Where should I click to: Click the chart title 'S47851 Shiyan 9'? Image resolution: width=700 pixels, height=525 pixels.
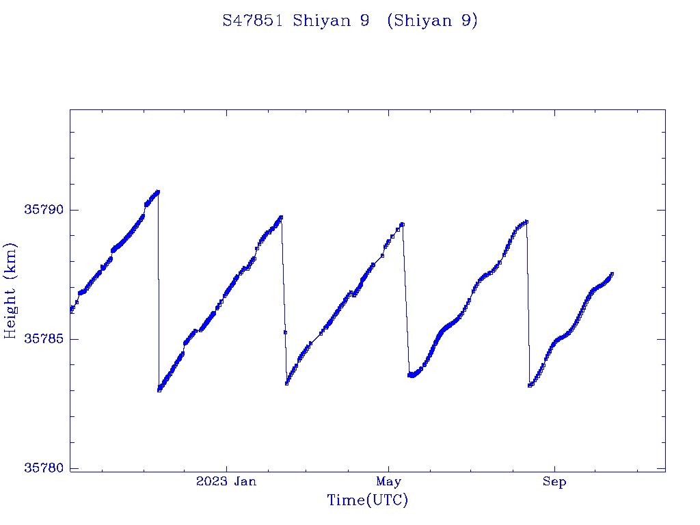pyautogui.click(x=297, y=21)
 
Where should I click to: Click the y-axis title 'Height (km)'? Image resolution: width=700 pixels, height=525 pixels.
pyautogui.click(x=10, y=291)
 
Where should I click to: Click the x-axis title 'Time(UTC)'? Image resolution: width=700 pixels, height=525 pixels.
pyautogui.click(x=368, y=500)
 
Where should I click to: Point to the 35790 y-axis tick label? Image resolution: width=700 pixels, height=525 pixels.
pyautogui.click(x=42, y=210)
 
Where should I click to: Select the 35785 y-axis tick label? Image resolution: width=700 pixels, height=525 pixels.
pyautogui.click(x=42, y=339)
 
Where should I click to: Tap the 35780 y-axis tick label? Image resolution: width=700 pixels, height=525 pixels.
pyautogui.click(x=42, y=468)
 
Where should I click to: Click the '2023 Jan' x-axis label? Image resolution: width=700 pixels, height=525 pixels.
pyautogui.click(x=226, y=482)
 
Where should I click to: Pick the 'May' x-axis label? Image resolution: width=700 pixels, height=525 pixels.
pyautogui.click(x=388, y=482)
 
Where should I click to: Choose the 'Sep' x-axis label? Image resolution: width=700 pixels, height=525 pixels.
pyautogui.click(x=554, y=482)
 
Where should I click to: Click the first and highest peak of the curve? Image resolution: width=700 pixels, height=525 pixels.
pyautogui.click(x=158, y=191)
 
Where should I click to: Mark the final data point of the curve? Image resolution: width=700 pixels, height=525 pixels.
pyautogui.click(x=612, y=273)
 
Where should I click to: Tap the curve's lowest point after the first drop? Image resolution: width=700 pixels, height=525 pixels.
pyautogui.click(x=159, y=390)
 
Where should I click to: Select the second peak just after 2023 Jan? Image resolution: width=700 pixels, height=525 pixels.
pyautogui.click(x=281, y=217)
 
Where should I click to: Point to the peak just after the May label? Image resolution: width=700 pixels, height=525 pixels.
pyautogui.click(x=403, y=224)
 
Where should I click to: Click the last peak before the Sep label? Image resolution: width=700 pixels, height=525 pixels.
pyautogui.click(x=526, y=221)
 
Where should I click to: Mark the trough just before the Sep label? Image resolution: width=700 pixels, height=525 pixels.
pyautogui.click(x=530, y=386)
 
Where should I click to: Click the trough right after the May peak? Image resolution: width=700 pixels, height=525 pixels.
pyautogui.click(x=411, y=375)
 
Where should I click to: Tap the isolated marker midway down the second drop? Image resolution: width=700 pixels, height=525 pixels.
pyautogui.click(x=285, y=332)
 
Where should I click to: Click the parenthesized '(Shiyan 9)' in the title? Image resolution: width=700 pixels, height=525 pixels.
pyautogui.click(x=432, y=21)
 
